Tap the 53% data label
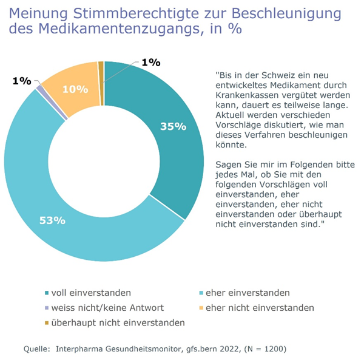(52, 220)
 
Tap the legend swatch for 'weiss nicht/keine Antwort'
(47, 308)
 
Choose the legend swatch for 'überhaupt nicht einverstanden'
(47, 322)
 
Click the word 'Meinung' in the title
(39, 12)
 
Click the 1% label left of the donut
(21, 81)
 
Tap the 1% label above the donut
(150, 62)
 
